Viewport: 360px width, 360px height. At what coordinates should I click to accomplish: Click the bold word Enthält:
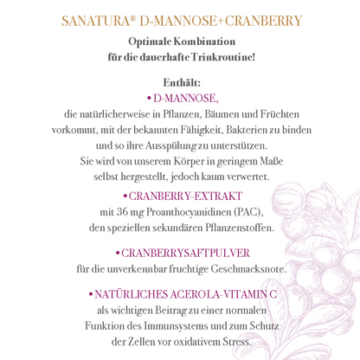coord(180,82)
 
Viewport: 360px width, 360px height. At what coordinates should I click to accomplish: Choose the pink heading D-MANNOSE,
coord(185,99)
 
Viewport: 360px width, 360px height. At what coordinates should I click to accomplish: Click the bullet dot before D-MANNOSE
coord(150,99)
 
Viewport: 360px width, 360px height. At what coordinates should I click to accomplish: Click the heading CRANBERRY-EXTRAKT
coord(185,196)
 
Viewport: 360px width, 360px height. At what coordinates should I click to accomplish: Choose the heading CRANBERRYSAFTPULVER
coord(184,254)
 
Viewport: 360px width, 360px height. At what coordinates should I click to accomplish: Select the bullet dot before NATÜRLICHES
coord(91,294)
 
